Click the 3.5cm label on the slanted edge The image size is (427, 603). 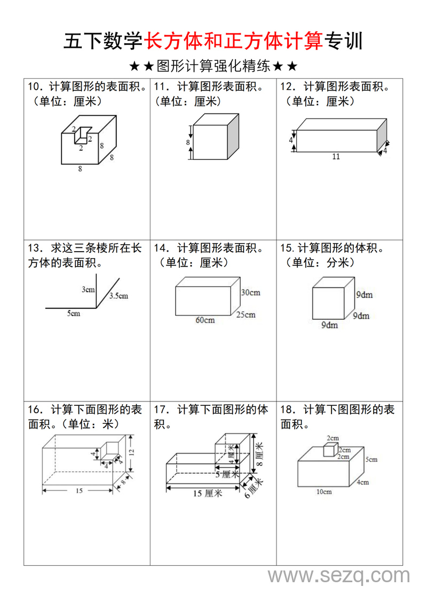(x=118, y=296)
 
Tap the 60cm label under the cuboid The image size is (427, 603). (x=205, y=320)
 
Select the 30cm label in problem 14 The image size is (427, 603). (x=250, y=292)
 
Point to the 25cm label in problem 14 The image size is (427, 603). (x=246, y=315)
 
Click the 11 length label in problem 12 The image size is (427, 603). (x=336, y=157)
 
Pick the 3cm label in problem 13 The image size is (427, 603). (x=88, y=290)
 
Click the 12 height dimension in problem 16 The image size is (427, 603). (x=131, y=452)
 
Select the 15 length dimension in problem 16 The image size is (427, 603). (x=79, y=491)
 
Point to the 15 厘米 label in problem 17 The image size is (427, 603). (x=207, y=494)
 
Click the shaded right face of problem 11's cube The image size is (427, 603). (x=233, y=137)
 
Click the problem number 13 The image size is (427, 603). (x=35, y=248)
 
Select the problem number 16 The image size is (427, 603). (x=35, y=409)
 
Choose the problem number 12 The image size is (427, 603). (x=288, y=86)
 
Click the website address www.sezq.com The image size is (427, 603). (x=338, y=576)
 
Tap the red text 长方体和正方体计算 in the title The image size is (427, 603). (x=234, y=41)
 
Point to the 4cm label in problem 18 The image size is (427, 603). (x=363, y=482)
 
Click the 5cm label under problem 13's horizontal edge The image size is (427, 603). (x=74, y=313)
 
